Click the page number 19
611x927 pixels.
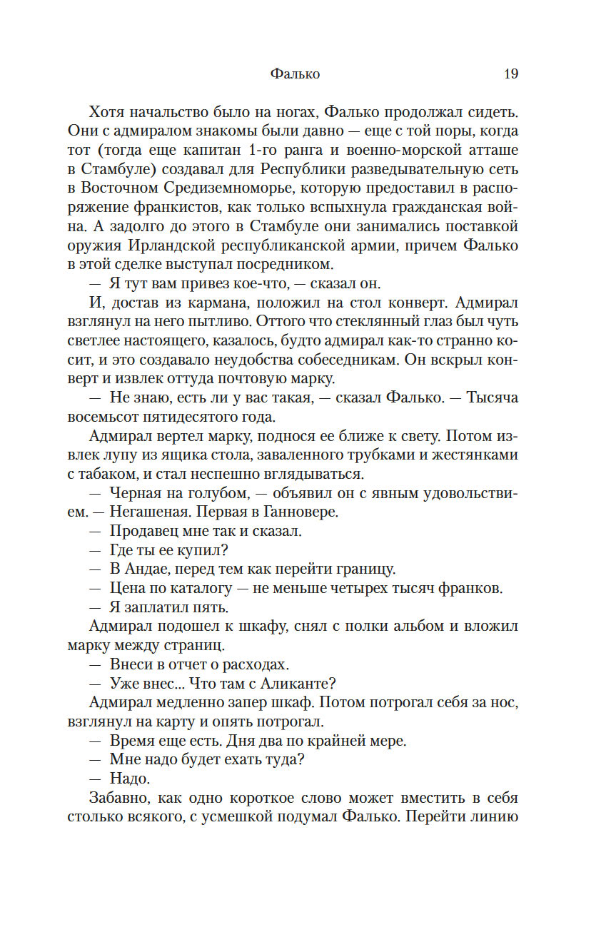510,74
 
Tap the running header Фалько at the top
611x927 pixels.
296,74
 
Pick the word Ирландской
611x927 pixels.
170,246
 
